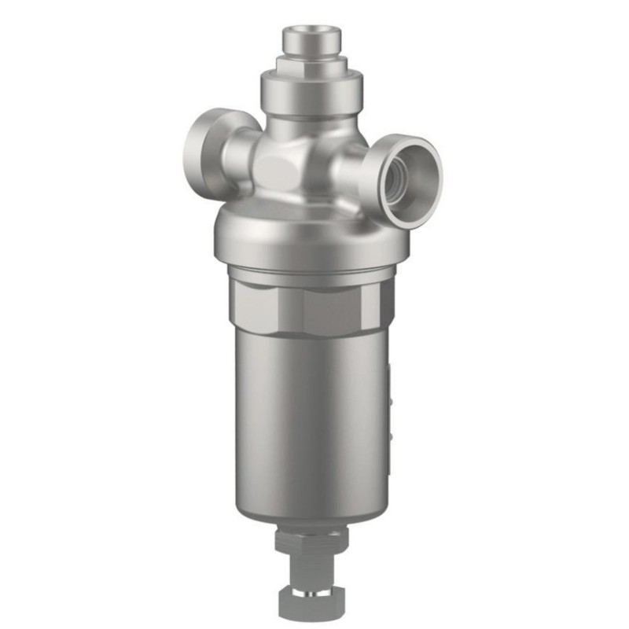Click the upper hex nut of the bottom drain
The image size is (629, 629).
[x=311, y=540]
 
